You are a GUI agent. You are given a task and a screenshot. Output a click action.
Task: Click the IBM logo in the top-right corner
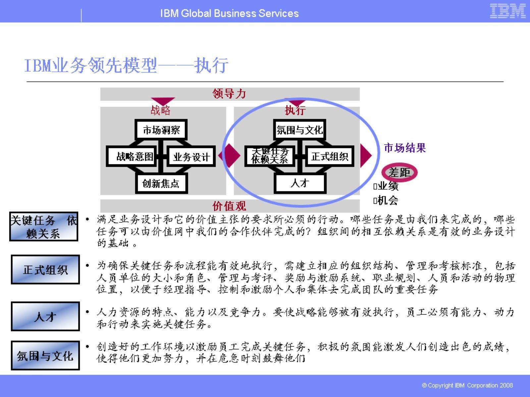tap(507, 11)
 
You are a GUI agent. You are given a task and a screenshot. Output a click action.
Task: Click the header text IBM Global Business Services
tap(229, 13)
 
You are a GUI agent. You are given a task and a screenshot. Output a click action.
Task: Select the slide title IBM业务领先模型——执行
tap(126, 65)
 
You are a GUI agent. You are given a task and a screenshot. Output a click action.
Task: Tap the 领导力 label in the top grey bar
tap(229, 94)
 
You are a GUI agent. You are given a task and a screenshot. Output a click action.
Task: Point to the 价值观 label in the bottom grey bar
tap(229, 206)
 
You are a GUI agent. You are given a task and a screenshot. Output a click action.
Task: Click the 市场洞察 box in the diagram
tap(161, 130)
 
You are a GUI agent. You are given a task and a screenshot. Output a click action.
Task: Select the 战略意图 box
tap(134, 156)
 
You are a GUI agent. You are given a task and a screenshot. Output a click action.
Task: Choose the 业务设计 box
tap(191, 156)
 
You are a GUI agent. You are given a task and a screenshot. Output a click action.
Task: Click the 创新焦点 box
tap(161, 183)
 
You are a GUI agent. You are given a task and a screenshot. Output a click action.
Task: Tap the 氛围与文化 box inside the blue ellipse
tap(300, 130)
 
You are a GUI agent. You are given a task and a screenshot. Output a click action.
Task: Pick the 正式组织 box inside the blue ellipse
tap(329, 156)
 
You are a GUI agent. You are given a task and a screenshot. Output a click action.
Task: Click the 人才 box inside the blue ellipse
tap(300, 183)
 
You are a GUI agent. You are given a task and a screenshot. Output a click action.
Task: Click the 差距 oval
tap(399, 172)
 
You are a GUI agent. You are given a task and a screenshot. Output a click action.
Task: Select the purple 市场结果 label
tap(404, 148)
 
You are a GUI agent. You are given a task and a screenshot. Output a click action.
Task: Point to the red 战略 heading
tap(160, 110)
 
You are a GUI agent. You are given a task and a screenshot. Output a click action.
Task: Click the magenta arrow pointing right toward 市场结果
tap(366, 155)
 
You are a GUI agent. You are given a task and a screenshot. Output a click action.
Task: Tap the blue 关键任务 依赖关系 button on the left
tap(44, 227)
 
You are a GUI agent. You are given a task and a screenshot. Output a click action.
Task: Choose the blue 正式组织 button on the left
tap(45, 270)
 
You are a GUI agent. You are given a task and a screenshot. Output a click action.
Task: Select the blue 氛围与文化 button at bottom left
tap(45, 355)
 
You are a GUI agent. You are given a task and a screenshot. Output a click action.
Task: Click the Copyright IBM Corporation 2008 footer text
tap(467, 385)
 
